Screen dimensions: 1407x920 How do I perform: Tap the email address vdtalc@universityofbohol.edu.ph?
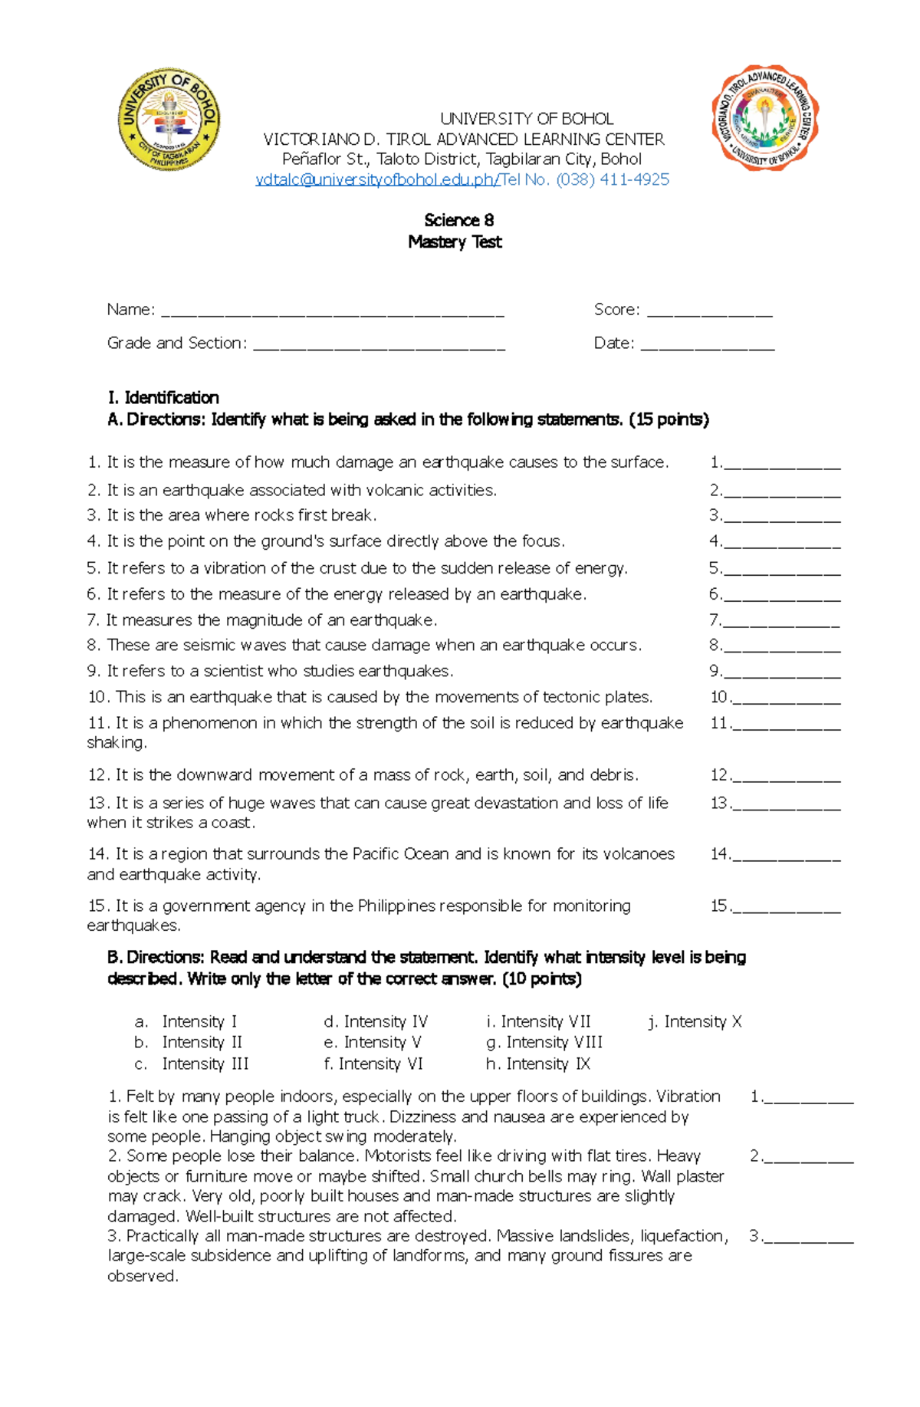click(376, 179)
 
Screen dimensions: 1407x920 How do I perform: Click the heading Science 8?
click(458, 221)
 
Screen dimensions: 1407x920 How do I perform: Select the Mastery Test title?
click(455, 242)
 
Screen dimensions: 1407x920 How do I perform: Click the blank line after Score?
click(709, 311)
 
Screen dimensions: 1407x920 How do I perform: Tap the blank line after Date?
click(707, 345)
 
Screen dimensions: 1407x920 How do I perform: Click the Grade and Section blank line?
click(379, 345)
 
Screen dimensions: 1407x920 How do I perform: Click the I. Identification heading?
click(163, 397)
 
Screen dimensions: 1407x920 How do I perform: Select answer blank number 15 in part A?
click(786, 908)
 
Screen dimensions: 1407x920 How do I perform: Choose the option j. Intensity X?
click(695, 1021)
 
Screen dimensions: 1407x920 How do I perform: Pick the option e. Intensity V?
click(373, 1043)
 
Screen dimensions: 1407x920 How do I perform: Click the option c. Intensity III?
click(192, 1064)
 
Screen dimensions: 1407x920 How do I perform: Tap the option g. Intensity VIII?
click(544, 1043)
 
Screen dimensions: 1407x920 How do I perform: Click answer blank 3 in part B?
click(808, 1236)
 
